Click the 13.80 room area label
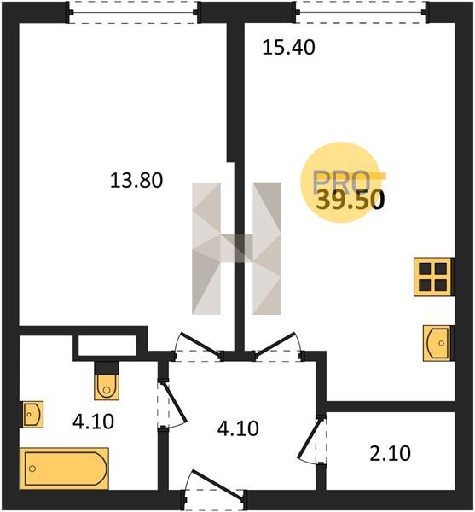coord(136,181)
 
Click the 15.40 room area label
coord(289,47)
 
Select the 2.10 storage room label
coord(391,454)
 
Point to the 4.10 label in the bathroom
coord(93,422)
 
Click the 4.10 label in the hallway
coord(238,428)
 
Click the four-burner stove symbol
coord(433,276)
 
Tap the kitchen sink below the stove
coord(437,343)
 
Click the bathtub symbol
coord(64,468)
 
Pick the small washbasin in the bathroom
coord(32,414)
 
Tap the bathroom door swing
coord(171,404)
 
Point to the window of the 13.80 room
coord(133,13)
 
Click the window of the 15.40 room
coord(362,13)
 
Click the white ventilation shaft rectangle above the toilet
coord(107,346)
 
